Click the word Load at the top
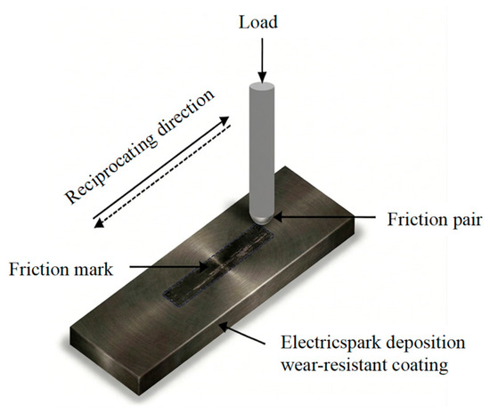point(258,22)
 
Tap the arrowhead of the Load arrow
point(262,77)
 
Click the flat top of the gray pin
point(262,85)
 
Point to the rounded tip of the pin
point(262,219)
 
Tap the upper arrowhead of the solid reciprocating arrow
point(224,120)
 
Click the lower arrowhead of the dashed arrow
point(100,223)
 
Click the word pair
point(466,221)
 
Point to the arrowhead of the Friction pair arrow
point(278,217)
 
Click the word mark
point(93,269)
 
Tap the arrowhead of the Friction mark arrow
point(203,267)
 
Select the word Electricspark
point(331,343)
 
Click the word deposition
point(426,343)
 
